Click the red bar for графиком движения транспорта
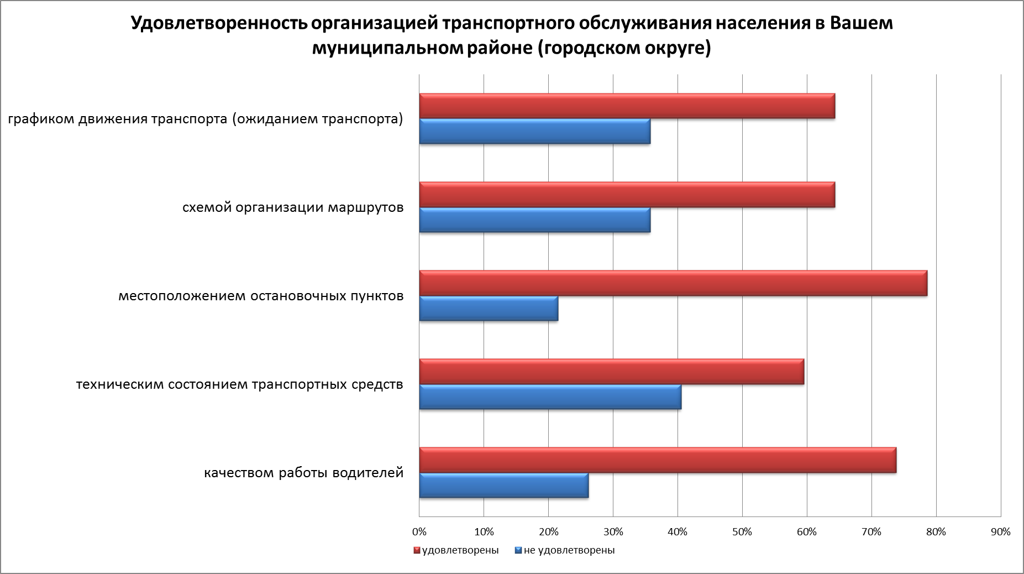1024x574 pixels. coord(627,106)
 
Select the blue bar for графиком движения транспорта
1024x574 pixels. coord(534,132)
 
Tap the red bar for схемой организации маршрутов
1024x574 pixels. coord(627,195)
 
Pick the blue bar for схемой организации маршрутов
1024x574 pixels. coord(534,220)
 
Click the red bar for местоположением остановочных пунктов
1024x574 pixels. coord(673,283)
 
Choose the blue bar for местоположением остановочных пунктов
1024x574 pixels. coord(489,309)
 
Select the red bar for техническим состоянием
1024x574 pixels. coord(611,372)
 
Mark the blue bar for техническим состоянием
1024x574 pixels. coord(550,397)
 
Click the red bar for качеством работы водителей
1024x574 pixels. coord(658,460)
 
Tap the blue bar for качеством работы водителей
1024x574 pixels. coord(503,486)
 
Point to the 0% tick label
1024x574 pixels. coord(419,532)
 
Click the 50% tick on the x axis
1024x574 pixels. coord(742,532)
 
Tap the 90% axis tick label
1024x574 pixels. coord(1001,532)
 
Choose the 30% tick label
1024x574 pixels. coord(613,532)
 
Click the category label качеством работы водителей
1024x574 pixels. coord(304,473)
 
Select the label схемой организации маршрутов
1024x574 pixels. coord(293,208)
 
